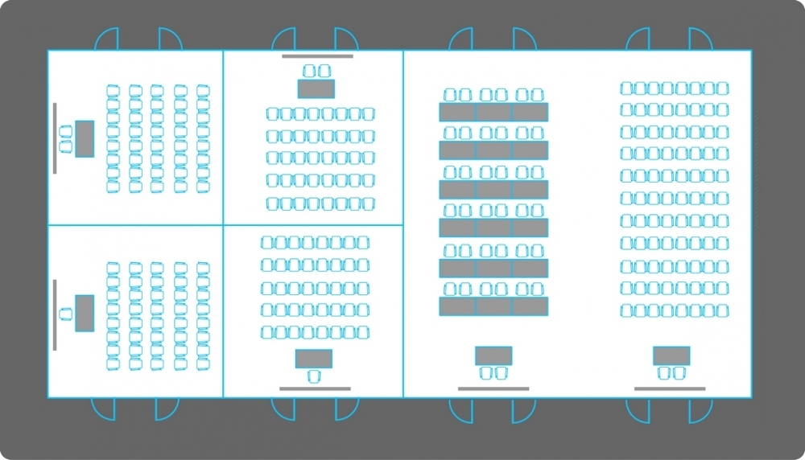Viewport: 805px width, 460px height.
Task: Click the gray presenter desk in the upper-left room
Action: [85, 138]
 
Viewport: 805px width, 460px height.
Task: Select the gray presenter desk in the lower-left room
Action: [85, 313]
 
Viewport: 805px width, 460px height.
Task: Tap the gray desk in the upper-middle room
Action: [316, 88]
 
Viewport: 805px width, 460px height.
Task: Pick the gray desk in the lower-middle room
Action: [314, 359]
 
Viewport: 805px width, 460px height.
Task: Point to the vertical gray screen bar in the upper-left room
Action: [55, 138]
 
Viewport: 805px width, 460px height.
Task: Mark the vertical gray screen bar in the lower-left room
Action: [55, 314]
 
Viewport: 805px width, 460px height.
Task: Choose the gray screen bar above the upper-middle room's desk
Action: [317, 56]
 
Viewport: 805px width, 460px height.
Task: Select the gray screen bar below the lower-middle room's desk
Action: [315, 389]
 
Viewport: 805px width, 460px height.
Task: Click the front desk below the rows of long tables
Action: [493, 355]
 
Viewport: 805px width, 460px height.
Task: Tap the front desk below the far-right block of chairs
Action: [671, 355]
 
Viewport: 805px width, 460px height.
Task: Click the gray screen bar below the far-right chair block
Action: [670, 389]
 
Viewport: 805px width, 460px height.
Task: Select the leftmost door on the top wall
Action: [107, 39]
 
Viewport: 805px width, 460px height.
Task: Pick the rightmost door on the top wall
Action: [701, 39]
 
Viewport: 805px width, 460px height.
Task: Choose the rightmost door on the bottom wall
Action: [700, 410]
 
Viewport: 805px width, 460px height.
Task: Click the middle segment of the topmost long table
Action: [493, 112]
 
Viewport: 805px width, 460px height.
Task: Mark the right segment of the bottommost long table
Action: [530, 306]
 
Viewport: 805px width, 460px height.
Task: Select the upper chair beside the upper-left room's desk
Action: [66, 131]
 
